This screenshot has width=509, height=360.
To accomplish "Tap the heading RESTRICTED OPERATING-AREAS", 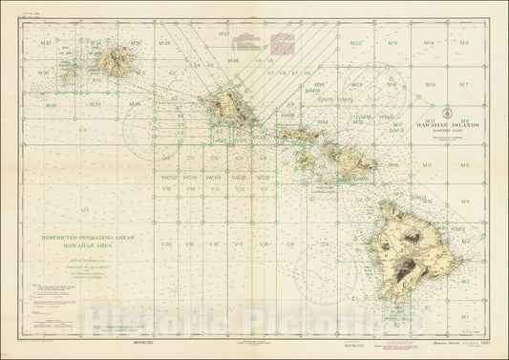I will pos(87,235).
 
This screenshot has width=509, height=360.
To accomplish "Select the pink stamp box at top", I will pos(285,40).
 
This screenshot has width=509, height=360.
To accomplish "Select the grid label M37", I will pos(46,44).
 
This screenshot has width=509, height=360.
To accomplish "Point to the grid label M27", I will pos(224,35).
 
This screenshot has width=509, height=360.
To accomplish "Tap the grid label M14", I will pos(429,44).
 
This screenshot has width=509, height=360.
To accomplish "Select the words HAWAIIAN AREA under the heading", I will pos(87,244).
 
